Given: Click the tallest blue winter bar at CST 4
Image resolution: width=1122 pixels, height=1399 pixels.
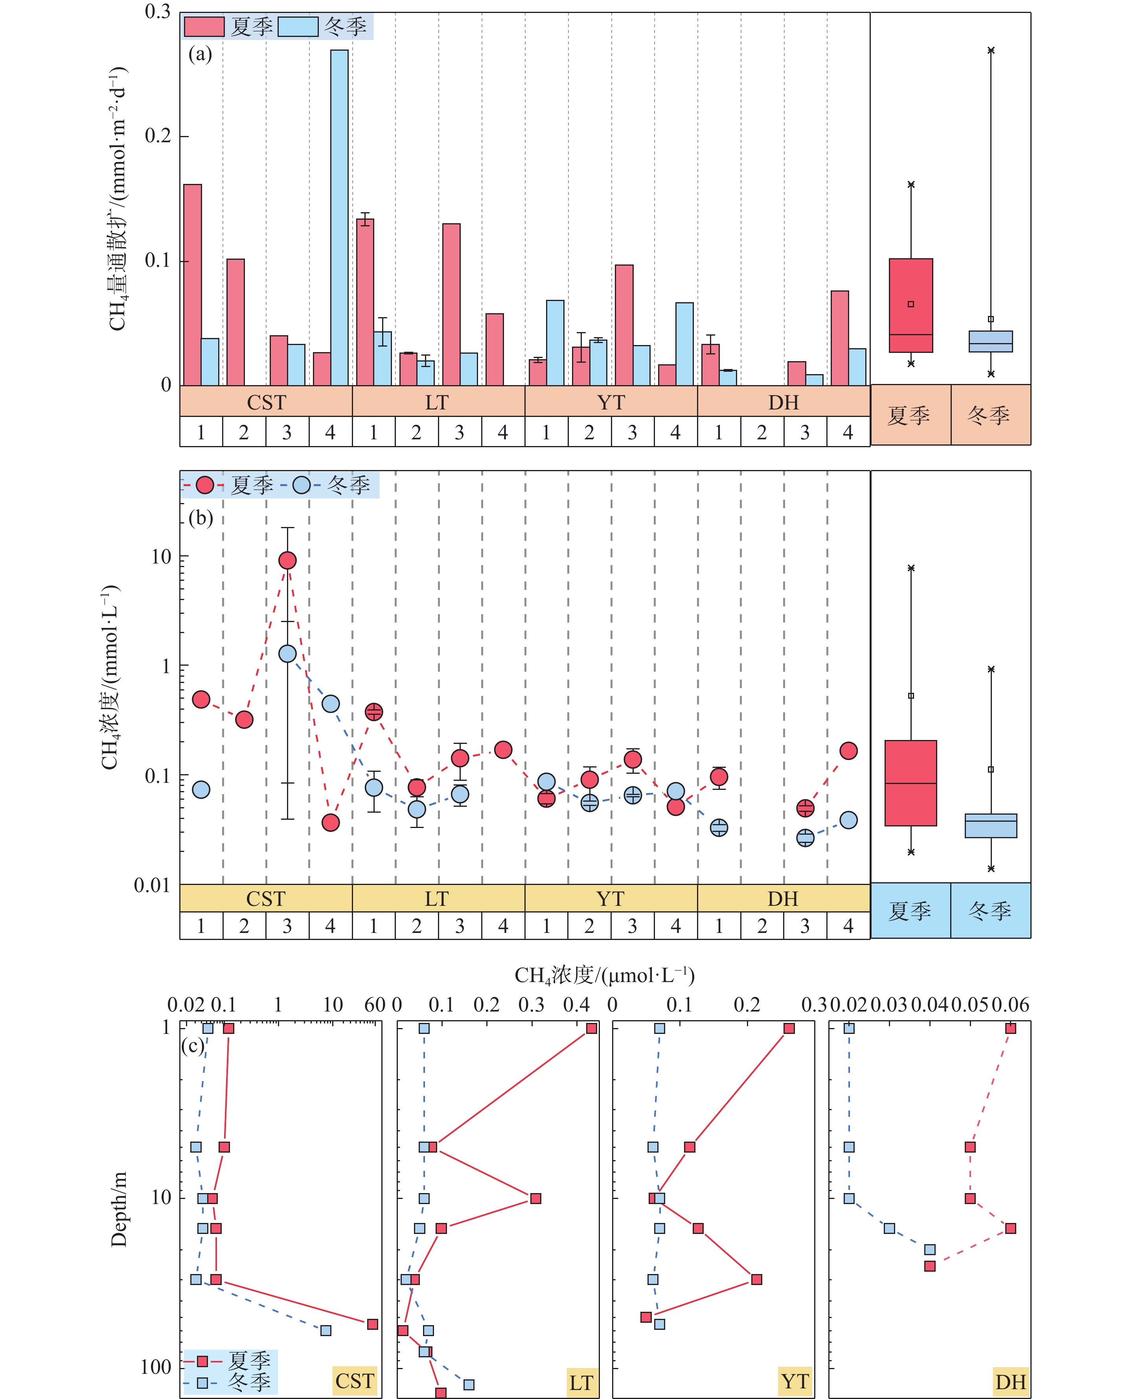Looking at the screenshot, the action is [x=339, y=217].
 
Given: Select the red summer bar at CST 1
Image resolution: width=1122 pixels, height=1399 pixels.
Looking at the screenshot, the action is [x=192, y=285].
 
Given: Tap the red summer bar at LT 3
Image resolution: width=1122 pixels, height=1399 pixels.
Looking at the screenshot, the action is [x=451, y=304].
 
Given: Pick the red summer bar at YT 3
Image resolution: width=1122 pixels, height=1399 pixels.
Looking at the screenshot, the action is [x=624, y=325].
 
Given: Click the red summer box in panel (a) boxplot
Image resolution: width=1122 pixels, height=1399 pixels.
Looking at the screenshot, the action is [x=911, y=306].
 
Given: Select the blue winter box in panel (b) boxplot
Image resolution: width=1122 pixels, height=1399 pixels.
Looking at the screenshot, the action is [x=991, y=825].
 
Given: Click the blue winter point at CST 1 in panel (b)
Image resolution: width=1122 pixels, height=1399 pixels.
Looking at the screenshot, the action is [x=201, y=789].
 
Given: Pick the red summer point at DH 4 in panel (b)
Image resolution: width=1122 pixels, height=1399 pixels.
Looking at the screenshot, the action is [x=848, y=751].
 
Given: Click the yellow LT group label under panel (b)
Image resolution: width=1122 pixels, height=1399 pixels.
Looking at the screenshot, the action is [x=437, y=899].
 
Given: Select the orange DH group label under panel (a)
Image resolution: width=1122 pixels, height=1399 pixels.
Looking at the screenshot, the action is [x=784, y=402].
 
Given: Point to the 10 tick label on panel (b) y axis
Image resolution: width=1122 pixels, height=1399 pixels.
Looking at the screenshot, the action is [x=161, y=556].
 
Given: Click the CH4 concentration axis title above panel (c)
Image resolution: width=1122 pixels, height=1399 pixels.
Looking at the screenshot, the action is [x=605, y=975].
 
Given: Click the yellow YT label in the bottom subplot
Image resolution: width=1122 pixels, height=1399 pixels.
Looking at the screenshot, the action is [x=795, y=1381].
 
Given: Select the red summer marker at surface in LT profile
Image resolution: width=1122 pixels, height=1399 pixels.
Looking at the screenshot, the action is [x=591, y=1028].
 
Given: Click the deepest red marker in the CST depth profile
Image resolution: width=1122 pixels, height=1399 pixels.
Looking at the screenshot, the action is [x=372, y=1324].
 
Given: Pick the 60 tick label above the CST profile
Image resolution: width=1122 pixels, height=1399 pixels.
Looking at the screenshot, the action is [x=375, y=1005].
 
